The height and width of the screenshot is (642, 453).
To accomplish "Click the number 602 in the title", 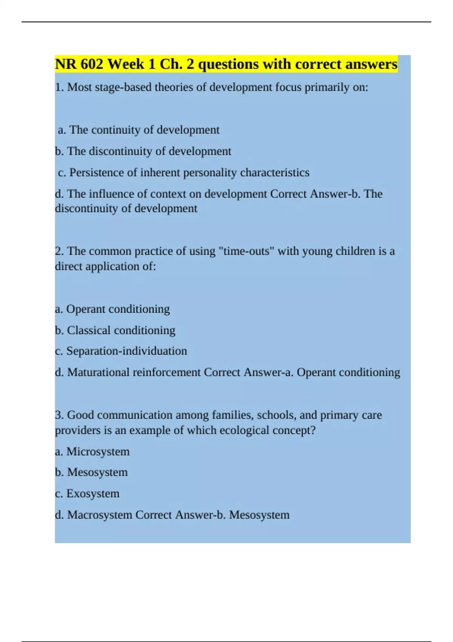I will point(91,64).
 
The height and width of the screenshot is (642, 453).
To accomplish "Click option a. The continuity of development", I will point(139,130).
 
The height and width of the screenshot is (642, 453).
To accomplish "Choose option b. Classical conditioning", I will point(115,330).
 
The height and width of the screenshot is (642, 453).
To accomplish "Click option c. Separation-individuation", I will point(121,351).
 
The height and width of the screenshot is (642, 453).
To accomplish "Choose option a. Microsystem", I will point(92,452).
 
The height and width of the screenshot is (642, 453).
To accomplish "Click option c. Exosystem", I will point(87,494).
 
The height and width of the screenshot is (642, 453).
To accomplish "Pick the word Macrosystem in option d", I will point(99,515).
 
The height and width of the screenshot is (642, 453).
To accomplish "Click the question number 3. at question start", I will point(59,415).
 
